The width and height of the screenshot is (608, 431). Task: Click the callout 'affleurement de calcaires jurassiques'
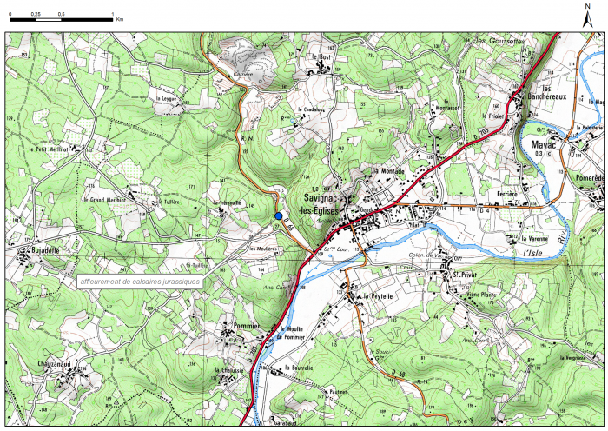tap(139, 282)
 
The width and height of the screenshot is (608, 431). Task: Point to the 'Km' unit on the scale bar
tap(120, 17)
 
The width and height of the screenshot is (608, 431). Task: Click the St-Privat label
tap(466, 276)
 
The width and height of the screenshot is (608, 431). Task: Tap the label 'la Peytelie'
tap(379, 295)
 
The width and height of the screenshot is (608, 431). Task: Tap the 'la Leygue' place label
tap(167, 99)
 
